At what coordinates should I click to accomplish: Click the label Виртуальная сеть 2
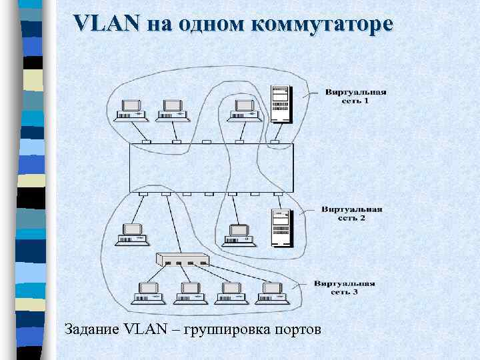click(352, 213)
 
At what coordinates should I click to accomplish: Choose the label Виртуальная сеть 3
click(345, 287)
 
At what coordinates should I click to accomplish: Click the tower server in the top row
click(281, 105)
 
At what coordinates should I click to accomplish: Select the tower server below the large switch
click(281, 227)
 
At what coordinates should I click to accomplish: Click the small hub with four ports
click(182, 261)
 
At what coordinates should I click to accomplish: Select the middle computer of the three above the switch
click(173, 111)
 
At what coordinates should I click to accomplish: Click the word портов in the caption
click(298, 329)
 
